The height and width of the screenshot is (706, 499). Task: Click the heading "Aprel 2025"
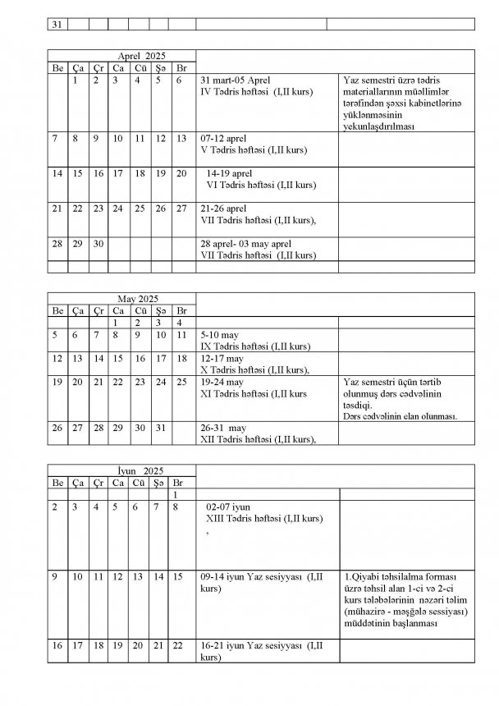pos(120,55)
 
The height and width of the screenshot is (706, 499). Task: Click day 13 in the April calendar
pos(182,139)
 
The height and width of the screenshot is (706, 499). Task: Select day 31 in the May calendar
pos(160,428)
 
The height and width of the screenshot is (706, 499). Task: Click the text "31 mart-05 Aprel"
pos(236,80)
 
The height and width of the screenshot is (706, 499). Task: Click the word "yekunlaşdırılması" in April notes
pos(381,127)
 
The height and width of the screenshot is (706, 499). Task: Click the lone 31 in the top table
pos(57,25)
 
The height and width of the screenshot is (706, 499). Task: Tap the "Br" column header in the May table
pos(182,311)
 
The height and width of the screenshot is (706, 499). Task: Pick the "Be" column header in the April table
pos(57,67)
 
